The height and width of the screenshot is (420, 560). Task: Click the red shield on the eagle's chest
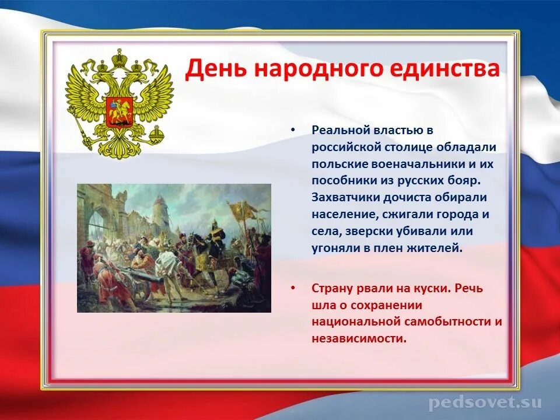click(x=120, y=111)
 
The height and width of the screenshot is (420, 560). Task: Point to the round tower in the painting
click(x=160, y=211)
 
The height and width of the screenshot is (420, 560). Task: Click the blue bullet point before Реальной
click(x=293, y=130)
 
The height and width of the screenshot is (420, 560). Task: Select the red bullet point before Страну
click(x=293, y=288)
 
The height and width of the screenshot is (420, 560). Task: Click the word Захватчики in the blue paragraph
click(x=345, y=198)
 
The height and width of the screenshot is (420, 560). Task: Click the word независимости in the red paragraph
click(x=359, y=338)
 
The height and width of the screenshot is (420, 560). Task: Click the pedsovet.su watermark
click(x=485, y=403)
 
